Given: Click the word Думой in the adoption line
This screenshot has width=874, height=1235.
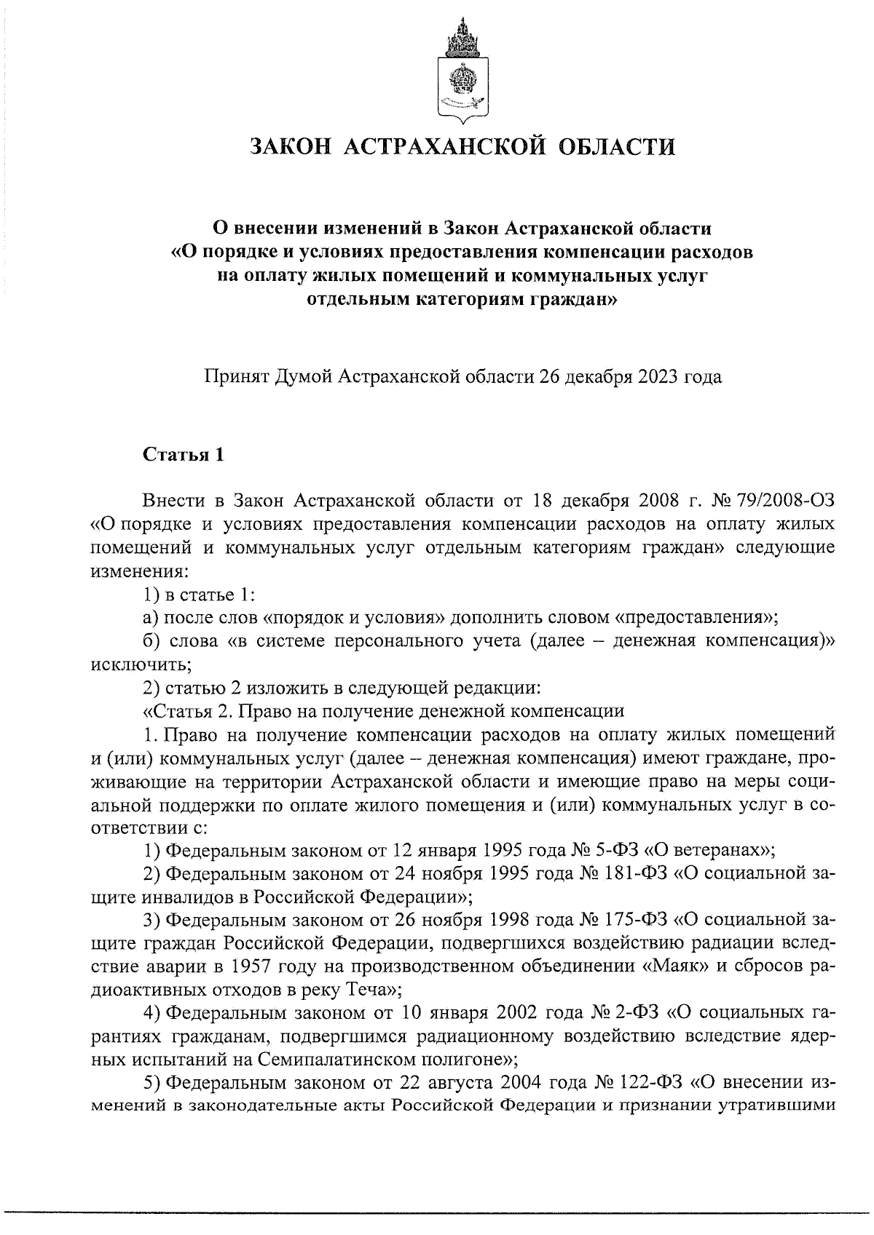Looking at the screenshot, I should point(304,377).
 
